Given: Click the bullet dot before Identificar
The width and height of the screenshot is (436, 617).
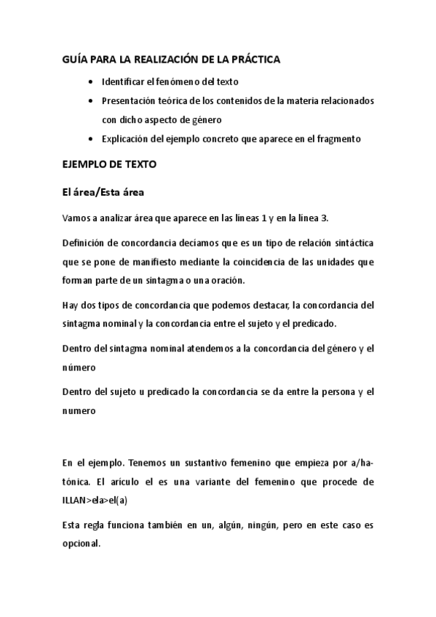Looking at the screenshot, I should coord(90,82).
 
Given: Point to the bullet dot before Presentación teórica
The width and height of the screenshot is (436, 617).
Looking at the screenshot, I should coord(90,101).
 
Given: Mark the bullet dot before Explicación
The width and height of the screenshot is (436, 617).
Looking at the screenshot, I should coord(90,138).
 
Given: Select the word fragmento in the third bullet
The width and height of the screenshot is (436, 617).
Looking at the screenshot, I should coord(336,138).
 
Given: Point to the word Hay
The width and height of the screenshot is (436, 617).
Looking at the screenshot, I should coord(71,305).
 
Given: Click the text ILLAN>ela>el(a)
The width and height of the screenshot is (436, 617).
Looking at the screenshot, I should coord(99,500).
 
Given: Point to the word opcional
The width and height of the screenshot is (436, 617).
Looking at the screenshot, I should coord(82,543).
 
